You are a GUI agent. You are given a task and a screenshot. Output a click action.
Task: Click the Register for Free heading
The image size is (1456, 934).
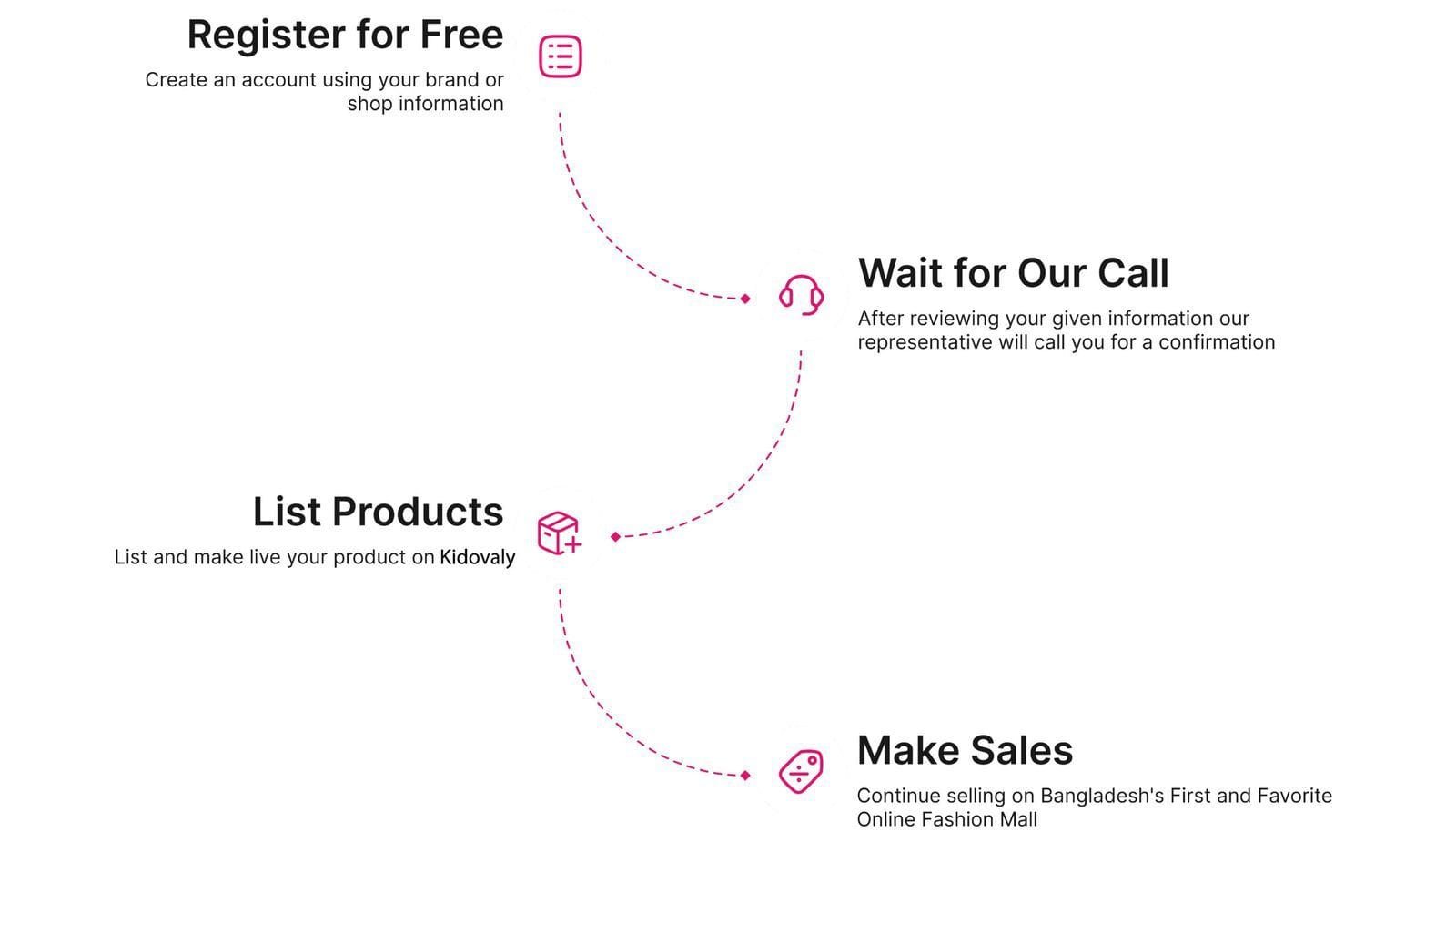click(x=345, y=36)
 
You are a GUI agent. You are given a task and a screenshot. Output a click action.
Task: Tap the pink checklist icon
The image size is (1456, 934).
click(x=561, y=56)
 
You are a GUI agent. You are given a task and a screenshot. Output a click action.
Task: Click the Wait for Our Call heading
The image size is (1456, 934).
click(x=1013, y=273)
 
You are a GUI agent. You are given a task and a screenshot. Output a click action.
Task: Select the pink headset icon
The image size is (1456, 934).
click(x=801, y=295)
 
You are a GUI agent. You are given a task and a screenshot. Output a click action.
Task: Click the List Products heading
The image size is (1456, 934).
click(x=378, y=512)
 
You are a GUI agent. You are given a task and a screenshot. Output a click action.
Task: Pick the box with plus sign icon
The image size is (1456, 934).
click(x=559, y=533)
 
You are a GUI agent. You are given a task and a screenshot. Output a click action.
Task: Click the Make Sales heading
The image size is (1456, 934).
click(x=965, y=751)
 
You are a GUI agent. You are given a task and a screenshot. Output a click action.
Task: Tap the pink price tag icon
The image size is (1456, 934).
click(x=801, y=772)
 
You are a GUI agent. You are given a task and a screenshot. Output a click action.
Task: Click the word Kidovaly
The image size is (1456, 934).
click(x=478, y=557)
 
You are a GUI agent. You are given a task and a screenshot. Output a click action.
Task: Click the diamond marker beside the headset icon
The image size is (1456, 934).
click(x=745, y=299)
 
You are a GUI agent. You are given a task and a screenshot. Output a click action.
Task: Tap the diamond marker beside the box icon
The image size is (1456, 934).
click(x=616, y=537)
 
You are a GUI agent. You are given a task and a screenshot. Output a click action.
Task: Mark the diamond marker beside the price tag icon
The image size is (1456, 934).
click(x=745, y=776)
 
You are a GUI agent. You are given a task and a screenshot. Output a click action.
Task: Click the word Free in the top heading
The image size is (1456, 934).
click(x=461, y=36)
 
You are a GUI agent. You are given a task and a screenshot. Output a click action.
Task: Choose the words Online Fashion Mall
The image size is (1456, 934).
click(x=946, y=819)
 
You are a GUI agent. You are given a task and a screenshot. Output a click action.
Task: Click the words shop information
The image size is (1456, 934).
click(x=425, y=104)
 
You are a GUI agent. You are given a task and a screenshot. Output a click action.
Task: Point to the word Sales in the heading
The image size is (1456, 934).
click(x=1022, y=751)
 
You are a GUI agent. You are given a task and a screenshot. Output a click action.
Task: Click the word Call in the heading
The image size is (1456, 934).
click(x=1133, y=273)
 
